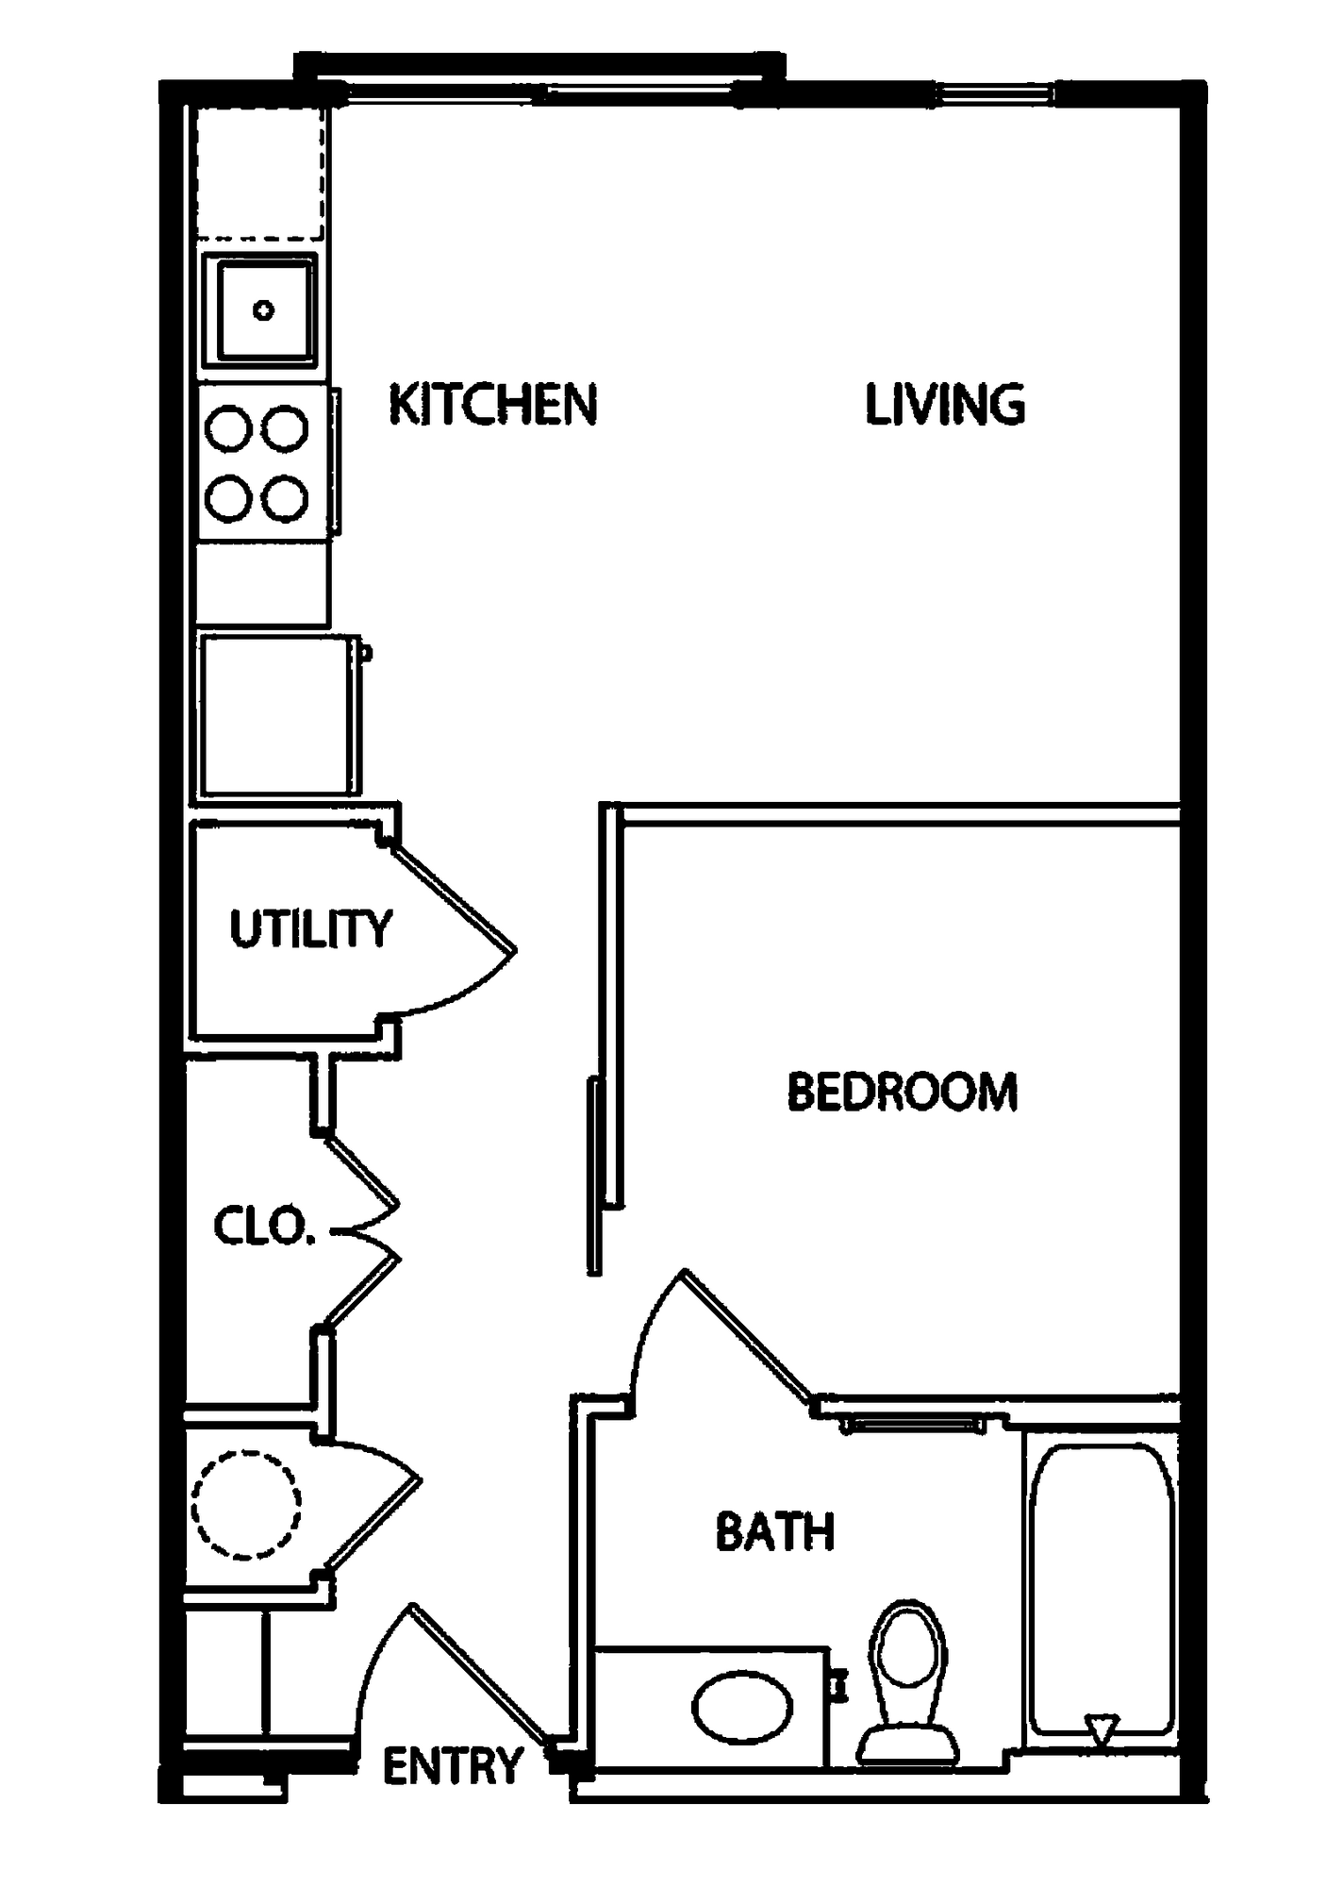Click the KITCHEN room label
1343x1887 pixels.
point(493,405)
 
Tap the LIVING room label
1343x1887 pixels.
point(945,405)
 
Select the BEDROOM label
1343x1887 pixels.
point(903,1092)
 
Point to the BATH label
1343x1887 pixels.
point(775,1531)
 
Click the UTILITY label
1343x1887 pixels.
point(310,929)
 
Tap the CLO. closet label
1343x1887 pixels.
point(263,1226)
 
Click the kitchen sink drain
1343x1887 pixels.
point(264,309)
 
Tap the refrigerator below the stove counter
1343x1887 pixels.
point(276,715)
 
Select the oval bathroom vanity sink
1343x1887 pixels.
point(742,1708)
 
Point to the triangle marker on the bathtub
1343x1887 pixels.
point(1102,1728)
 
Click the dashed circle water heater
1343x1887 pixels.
point(247,1505)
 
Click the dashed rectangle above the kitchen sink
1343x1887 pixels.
point(260,174)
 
